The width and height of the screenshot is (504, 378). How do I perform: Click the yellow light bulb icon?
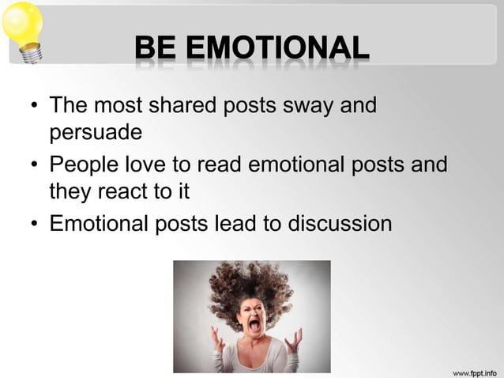coord(21,30)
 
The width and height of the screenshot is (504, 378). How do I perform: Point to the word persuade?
coord(96,132)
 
